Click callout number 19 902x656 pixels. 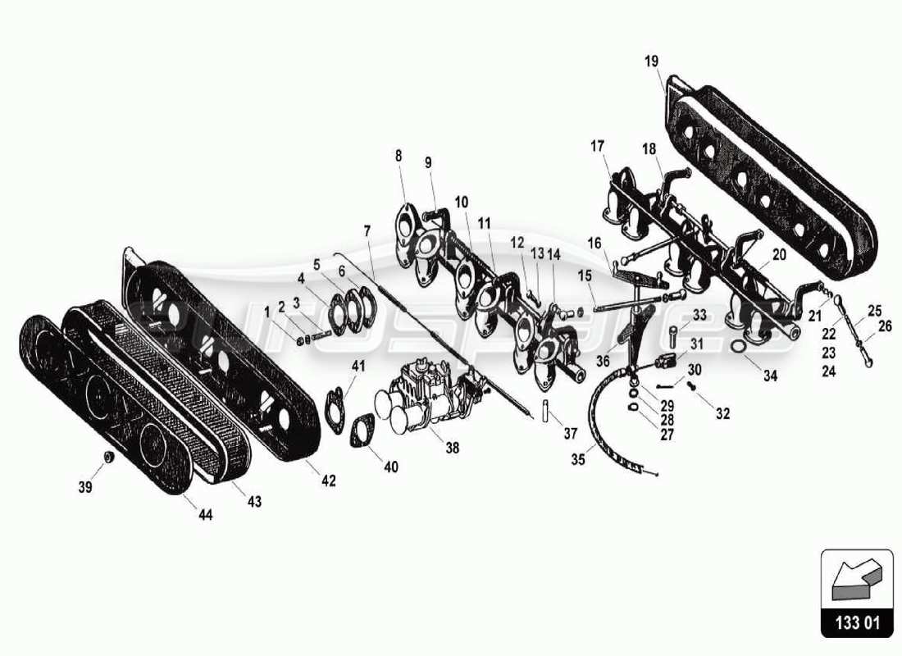tap(651, 61)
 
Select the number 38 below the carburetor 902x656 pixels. tap(453, 448)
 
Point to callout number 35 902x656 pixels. tap(578, 459)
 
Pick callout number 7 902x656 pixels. tap(367, 232)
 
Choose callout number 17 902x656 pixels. tap(596, 147)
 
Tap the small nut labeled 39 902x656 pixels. tap(107, 456)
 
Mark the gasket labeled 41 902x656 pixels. tap(335, 403)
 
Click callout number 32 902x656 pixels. tap(722, 414)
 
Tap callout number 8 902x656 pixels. tap(399, 154)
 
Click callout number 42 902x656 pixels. tap(329, 481)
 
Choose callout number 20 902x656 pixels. tap(778, 255)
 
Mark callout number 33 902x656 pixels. tap(699, 316)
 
